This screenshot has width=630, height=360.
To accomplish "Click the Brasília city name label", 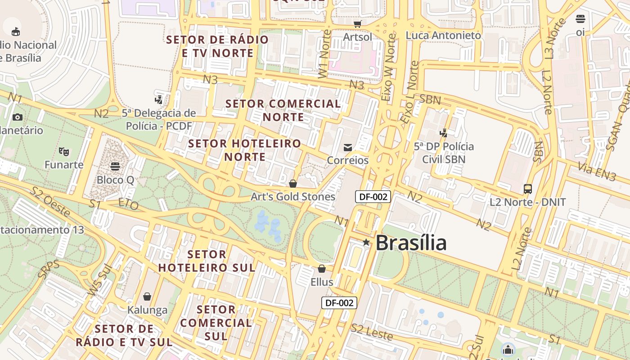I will [x=410, y=243].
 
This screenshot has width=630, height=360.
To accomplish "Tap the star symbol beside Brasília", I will [x=366, y=243].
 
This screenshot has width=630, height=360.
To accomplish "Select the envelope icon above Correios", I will [x=348, y=148].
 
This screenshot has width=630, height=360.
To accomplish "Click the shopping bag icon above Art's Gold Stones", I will [x=293, y=184].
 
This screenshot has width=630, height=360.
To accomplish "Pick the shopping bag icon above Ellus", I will [x=322, y=269].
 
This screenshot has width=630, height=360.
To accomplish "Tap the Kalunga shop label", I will [x=147, y=310].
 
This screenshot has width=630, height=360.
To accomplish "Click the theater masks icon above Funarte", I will [x=63, y=151].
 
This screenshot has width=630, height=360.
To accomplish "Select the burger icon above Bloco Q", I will [x=115, y=166].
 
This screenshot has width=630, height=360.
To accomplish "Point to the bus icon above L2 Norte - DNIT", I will [x=528, y=189].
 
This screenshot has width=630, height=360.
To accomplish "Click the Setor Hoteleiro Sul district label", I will [x=207, y=261].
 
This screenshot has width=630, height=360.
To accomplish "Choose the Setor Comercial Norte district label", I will [x=283, y=110].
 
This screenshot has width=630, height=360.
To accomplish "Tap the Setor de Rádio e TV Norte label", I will [x=218, y=46].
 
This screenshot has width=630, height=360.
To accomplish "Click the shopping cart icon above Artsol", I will [x=358, y=24].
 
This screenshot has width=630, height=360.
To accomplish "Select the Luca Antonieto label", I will [x=443, y=35].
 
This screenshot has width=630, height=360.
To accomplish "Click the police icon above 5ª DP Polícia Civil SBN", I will [x=444, y=133].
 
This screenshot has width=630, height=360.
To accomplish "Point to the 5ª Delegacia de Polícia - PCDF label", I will [x=159, y=119].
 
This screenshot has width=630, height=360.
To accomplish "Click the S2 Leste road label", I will [x=372, y=332].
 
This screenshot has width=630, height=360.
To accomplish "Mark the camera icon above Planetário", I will [x=18, y=117].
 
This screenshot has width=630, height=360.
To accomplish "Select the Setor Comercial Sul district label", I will [x=216, y=323].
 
